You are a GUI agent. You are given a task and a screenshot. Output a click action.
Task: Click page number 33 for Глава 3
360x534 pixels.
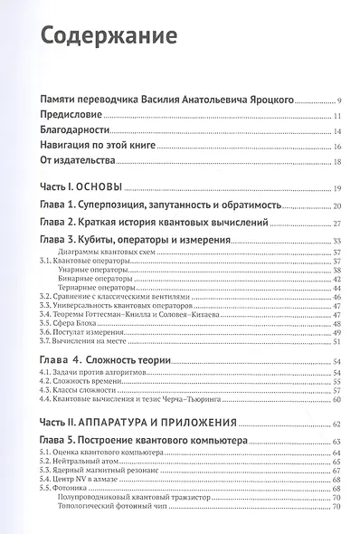pos(336,241)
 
